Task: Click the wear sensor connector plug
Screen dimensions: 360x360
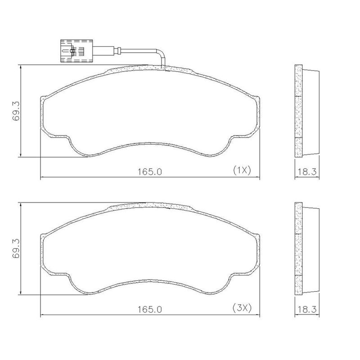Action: [x=76, y=51]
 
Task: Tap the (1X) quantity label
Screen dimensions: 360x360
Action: [x=242, y=171]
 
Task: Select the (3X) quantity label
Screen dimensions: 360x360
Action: [x=242, y=308]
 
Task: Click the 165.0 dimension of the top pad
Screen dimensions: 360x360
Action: [x=150, y=172]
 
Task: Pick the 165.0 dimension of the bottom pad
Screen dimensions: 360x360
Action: [x=150, y=310]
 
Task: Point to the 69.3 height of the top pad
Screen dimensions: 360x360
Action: [x=16, y=111]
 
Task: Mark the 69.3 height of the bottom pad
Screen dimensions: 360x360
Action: [x=16, y=249]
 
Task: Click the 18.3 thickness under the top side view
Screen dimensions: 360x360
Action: [x=307, y=171]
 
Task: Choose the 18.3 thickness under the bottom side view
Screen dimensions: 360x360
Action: [x=307, y=309]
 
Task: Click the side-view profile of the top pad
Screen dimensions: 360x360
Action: [x=307, y=111]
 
